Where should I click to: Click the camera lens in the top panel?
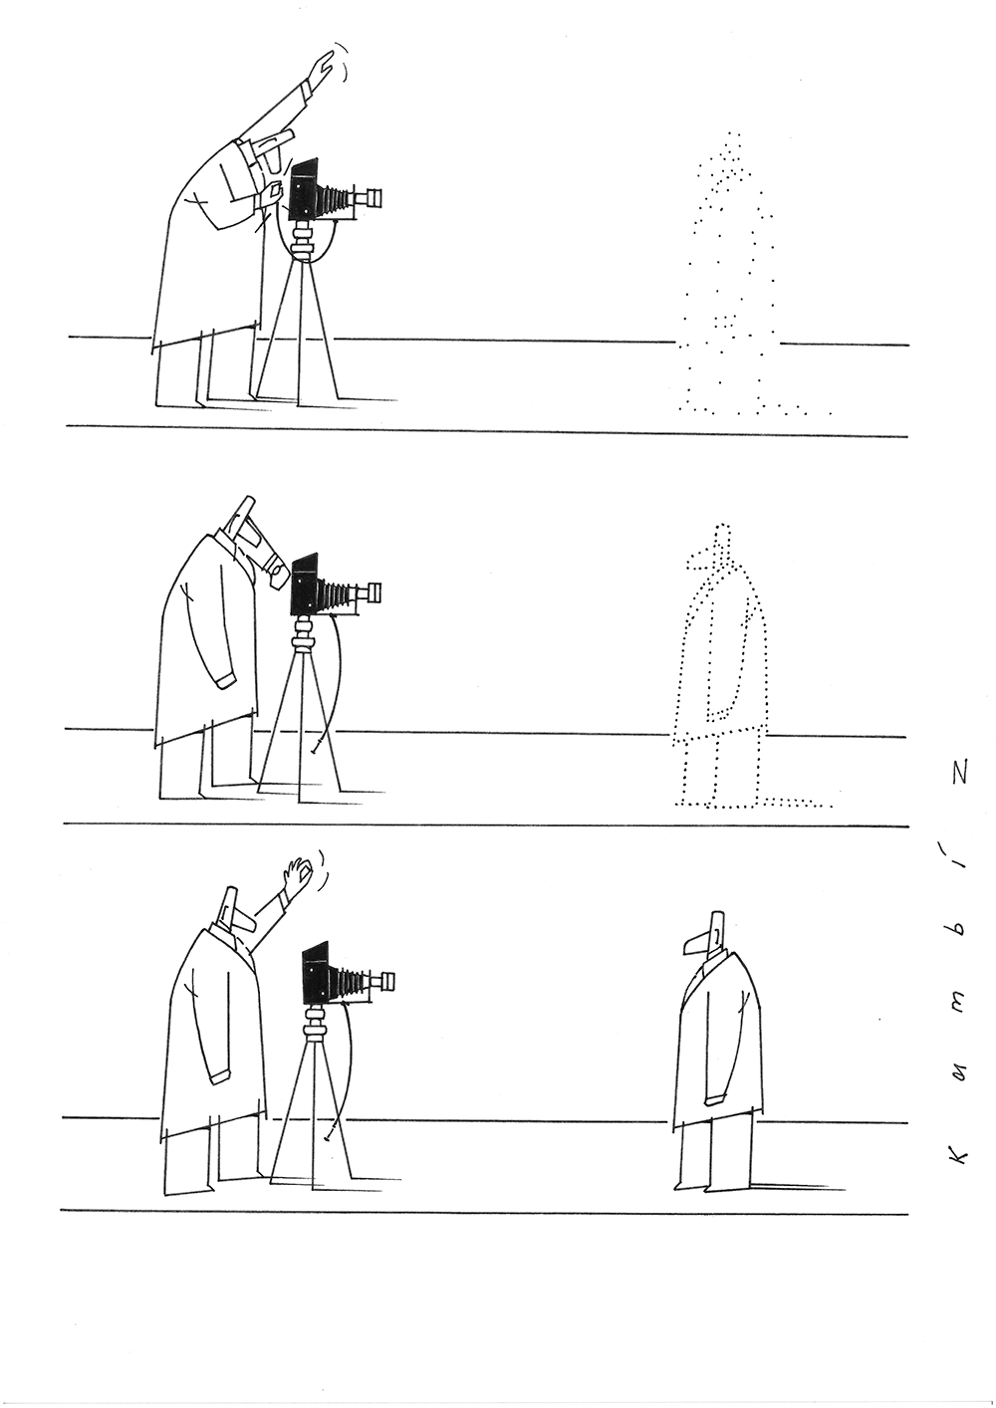pyautogui.click(x=373, y=197)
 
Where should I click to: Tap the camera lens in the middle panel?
pyautogui.click(x=373, y=591)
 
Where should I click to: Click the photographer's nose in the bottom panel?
pyautogui.click(x=244, y=923)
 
